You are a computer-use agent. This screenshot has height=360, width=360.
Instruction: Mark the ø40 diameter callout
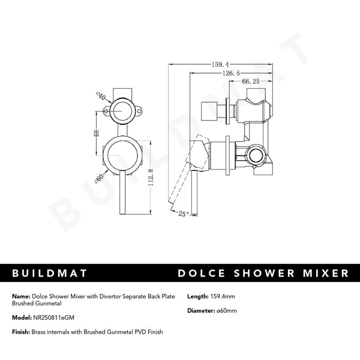101,95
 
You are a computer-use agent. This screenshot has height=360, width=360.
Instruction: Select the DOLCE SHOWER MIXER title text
263,274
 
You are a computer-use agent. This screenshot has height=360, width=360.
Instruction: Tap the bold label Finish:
20,332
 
